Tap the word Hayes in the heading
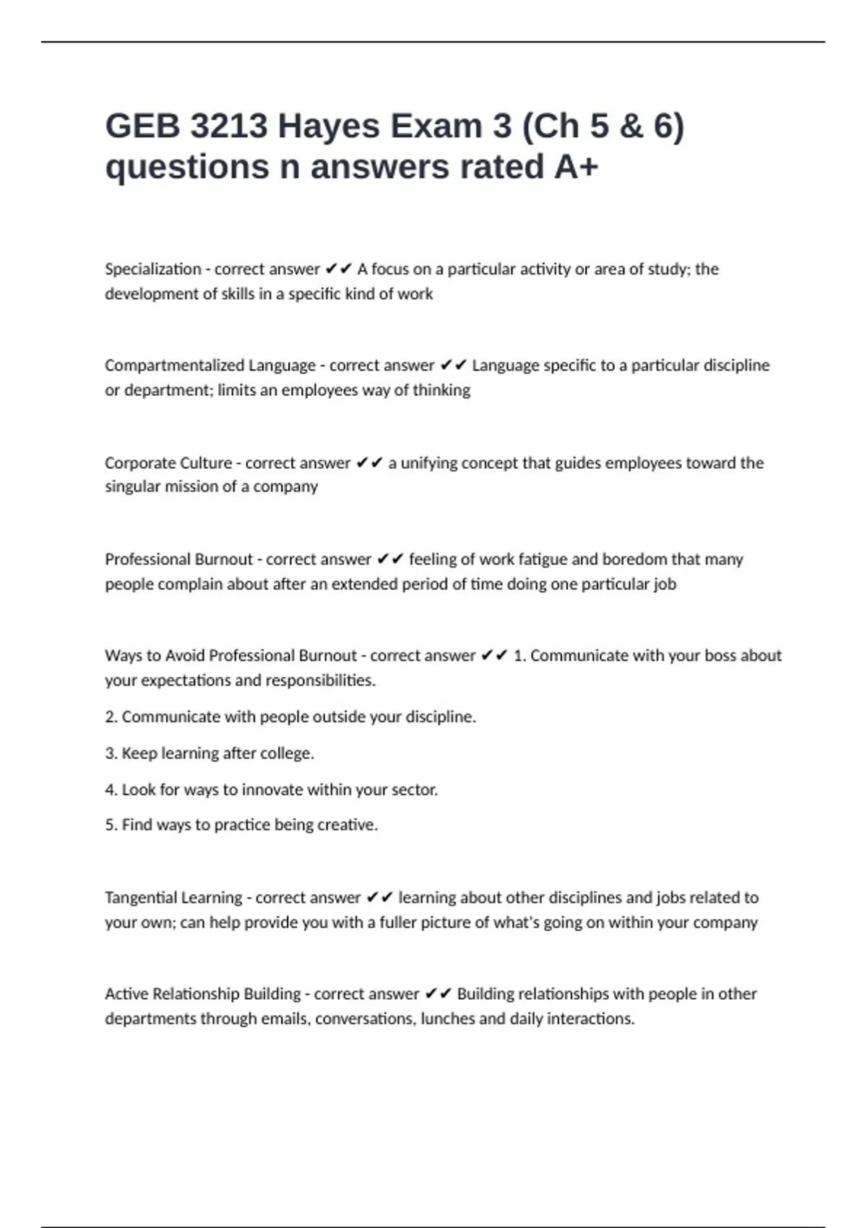(x=329, y=126)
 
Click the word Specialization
(x=153, y=269)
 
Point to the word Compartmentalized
(x=174, y=366)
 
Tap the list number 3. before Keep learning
(x=111, y=753)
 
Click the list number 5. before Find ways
(x=111, y=825)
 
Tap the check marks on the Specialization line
(x=338, y=269)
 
